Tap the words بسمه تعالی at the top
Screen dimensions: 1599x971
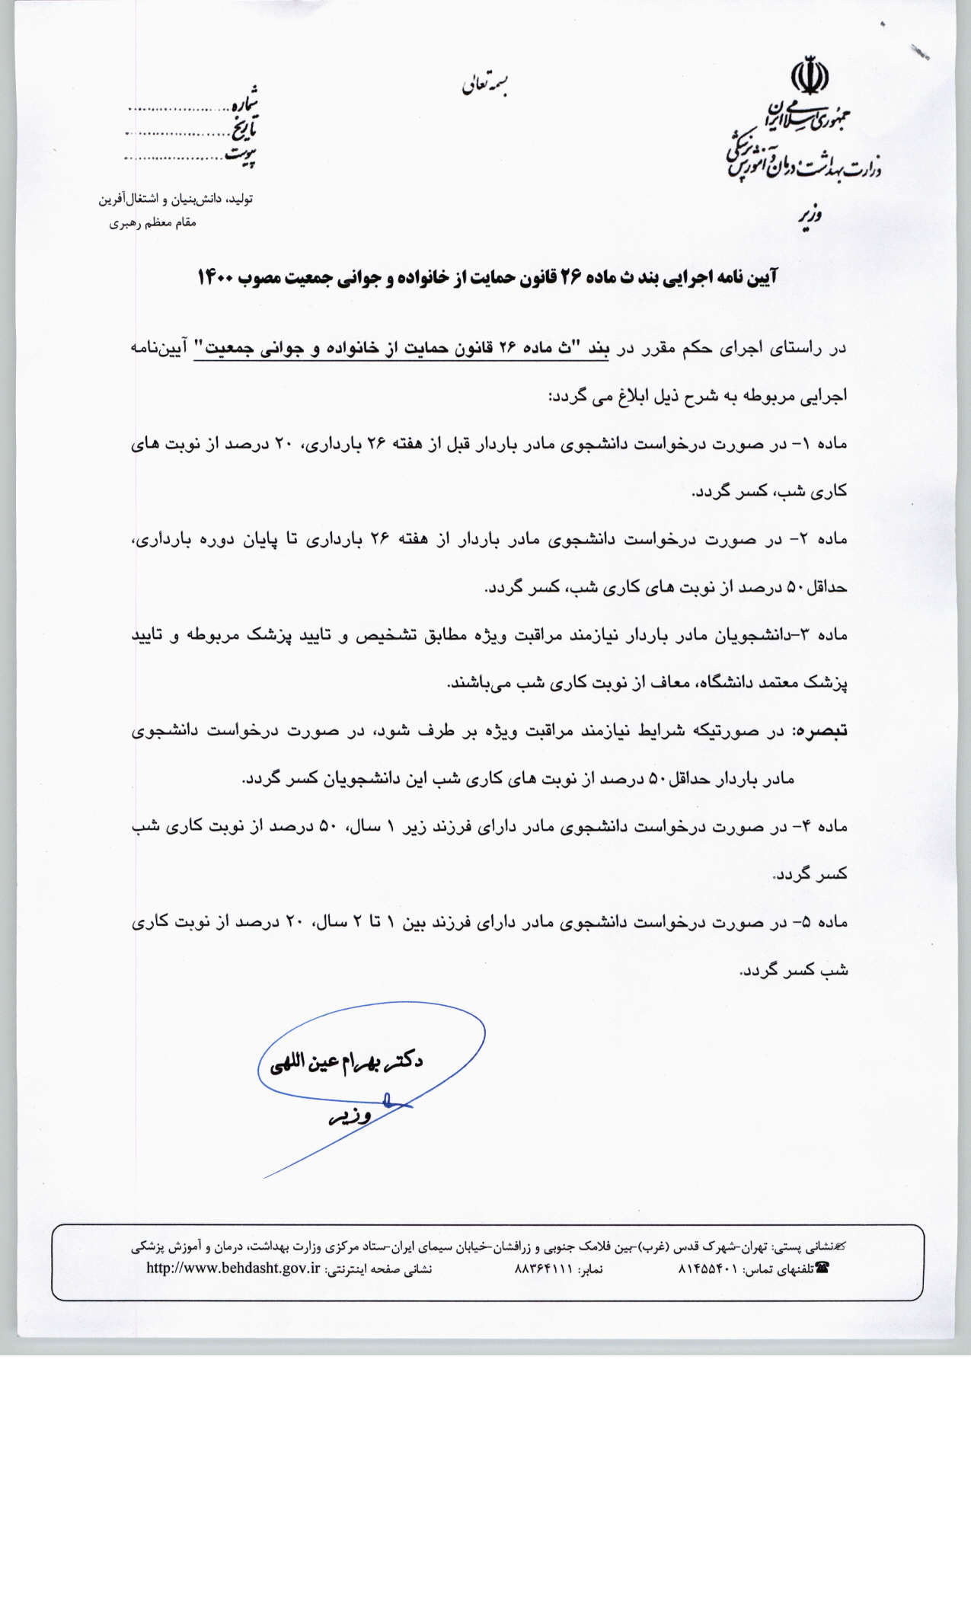tap(484, 85)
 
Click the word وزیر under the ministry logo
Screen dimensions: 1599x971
tap(810, 215)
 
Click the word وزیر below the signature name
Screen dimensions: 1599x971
tap(350, 1116)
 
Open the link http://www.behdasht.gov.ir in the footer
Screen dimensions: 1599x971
tap(233, 1269)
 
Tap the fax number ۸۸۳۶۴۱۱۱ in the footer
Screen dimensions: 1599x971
tap(544, 1269)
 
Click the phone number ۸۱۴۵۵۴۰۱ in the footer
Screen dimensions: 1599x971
tap(707, 1269)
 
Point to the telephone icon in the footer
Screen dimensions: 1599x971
tap(822, 1268)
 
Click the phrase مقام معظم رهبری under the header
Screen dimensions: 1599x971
tap(152, 223)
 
